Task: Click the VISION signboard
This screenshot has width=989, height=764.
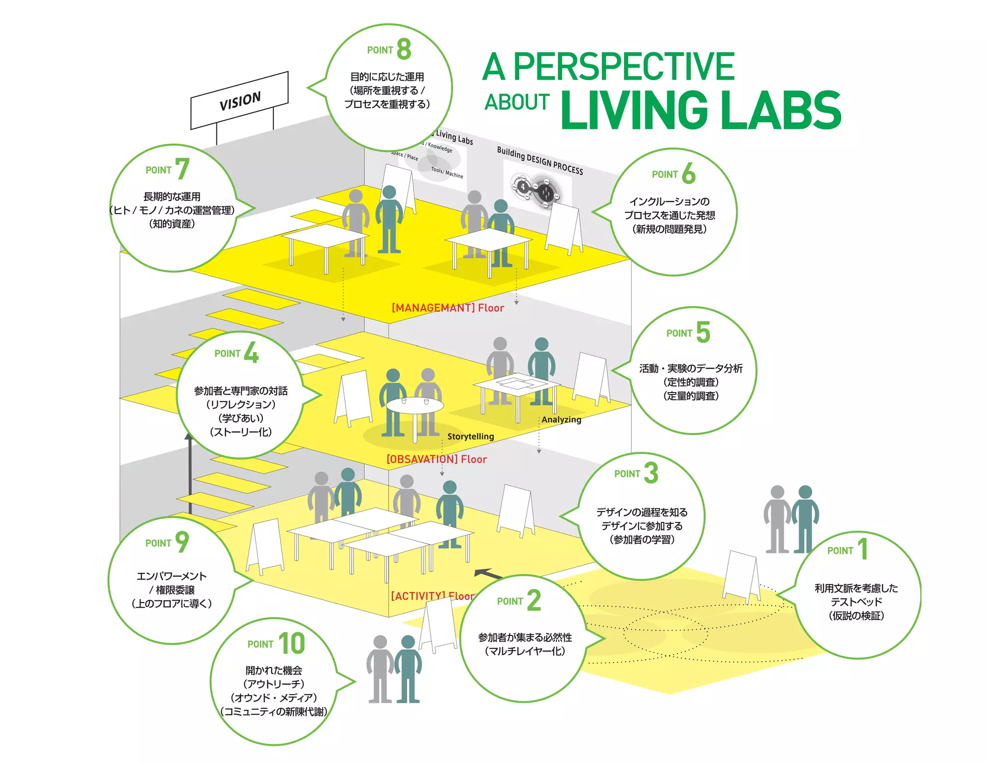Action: click(240, 100)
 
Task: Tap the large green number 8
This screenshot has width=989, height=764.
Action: click(404, 49)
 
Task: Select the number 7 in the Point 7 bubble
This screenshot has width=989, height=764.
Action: click(182, 169)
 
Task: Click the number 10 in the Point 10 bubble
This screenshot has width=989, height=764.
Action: click(292, 643)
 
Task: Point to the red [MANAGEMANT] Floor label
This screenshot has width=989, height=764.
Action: click(448, 308)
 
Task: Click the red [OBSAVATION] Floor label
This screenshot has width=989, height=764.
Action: click(437, 459)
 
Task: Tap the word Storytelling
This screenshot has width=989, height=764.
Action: click(470, 437)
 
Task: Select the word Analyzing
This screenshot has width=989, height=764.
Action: click(561, 420)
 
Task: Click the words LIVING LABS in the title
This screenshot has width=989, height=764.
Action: click(701, 110)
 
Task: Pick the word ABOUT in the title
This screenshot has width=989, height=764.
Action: click(517, 102)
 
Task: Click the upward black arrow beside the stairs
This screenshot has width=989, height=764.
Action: click(189, 473)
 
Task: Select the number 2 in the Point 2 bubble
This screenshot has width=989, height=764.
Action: click(534, 600)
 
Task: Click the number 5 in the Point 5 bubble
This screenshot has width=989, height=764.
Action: click(703, 332)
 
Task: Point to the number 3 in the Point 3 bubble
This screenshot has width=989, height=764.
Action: click(651, 473)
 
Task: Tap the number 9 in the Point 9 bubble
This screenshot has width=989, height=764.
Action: click(182, 542)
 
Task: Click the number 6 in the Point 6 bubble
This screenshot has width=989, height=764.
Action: click(689, 174)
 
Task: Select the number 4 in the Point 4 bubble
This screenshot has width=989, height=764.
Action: click(251, 353)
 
